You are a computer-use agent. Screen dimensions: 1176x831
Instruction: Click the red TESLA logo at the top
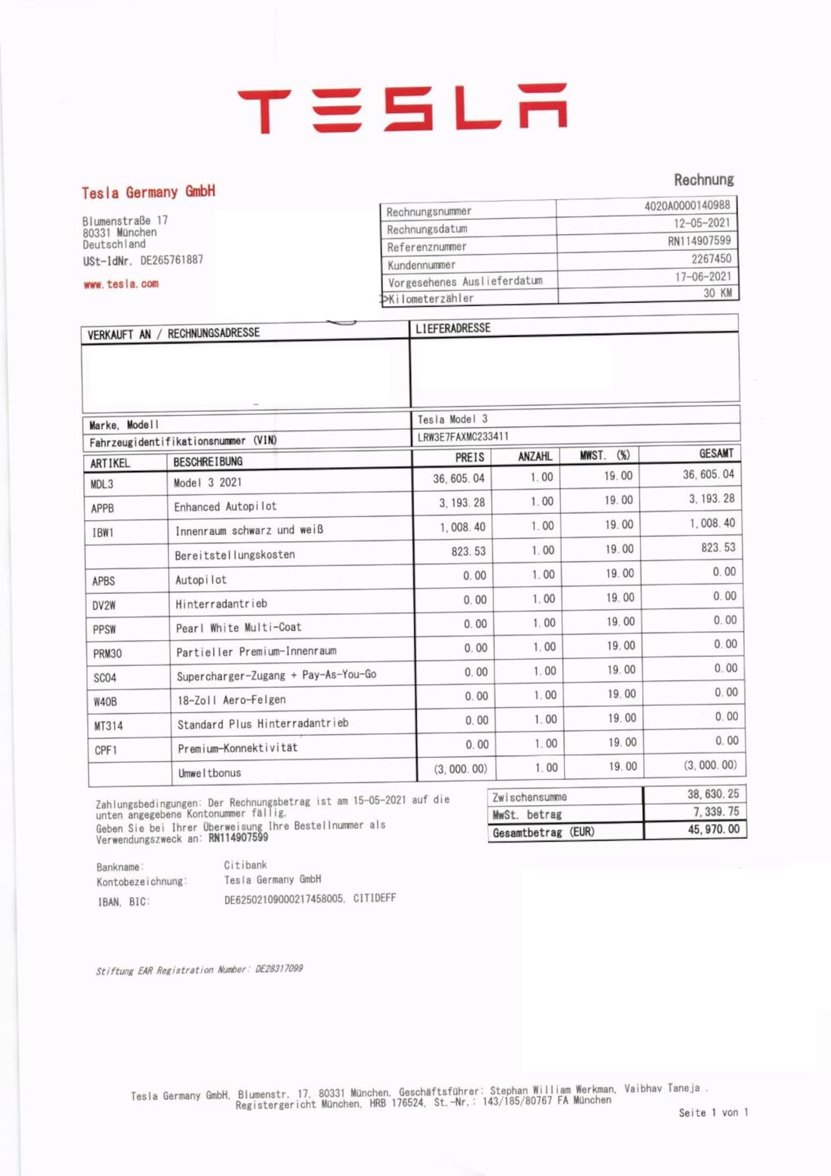(x=403, y=108)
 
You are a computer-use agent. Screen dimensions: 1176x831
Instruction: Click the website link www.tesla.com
(x=121, y=284)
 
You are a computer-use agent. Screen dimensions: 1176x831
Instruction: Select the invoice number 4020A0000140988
(x=687, y=206)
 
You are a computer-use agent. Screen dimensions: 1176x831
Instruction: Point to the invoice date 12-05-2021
(x=701, y=223)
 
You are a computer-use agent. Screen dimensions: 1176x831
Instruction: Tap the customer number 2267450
(x=711, y=258)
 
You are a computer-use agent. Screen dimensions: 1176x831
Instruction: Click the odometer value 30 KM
(x=717, y=293)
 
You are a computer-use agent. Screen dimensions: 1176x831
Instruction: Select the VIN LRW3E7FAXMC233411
(x=463, y=437)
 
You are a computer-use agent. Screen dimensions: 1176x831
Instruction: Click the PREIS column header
(x=469, y=457)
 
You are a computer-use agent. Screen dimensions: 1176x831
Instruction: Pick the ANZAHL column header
(x=535, y=457)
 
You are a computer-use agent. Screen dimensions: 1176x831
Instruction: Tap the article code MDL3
(x=102, y=484)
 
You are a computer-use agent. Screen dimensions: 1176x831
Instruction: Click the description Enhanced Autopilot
(x=225, y=507)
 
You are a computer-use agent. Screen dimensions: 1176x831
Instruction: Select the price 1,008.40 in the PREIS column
(x=462, y=527)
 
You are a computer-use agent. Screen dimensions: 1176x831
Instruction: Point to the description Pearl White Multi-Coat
(x=239, y=628)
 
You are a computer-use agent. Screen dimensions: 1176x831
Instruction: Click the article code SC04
(x=105, y=678)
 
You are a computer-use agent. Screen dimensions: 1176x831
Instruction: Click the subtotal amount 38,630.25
(x=713, y=794)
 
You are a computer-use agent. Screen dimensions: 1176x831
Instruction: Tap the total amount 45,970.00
(x=713, y=829)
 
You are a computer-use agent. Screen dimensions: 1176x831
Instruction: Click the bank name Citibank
(x=245, y=865)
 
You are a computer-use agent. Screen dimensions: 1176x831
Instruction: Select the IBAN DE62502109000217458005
(x=284, y=899)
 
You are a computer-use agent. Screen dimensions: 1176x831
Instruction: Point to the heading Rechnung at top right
(x=704, y=180)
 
